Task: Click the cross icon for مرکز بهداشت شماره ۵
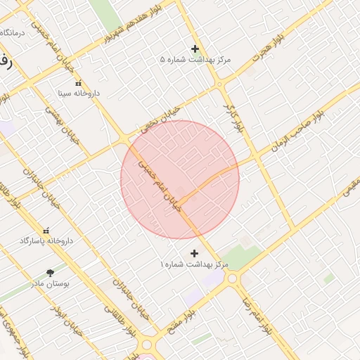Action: click(195, 49)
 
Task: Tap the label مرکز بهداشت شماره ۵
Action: click(195, 60)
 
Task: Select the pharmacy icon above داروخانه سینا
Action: click(78, 82)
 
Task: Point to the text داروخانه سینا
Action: click(78, 93)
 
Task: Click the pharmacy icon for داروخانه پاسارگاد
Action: click(46, 230)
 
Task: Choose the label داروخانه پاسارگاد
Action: click(46, 240)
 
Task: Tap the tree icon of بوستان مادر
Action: click(50, 273)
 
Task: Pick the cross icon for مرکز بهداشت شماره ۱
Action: click(195, 253)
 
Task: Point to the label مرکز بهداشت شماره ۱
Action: click(195, 264)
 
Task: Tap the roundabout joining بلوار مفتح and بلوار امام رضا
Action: click(233, 279)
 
